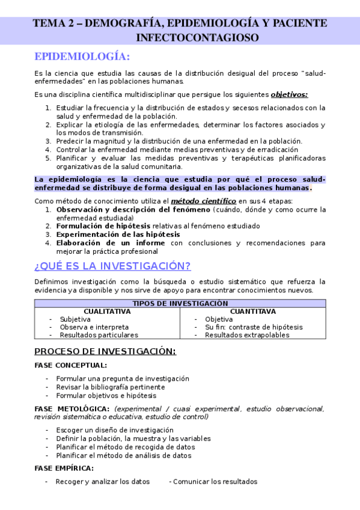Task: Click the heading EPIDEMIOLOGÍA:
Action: coord(82,57)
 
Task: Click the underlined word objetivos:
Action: coord(289,94)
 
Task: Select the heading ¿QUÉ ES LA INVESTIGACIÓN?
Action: coord(112,266)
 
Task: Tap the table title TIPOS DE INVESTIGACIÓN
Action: coord(180,304)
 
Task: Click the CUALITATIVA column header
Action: coord(106,312)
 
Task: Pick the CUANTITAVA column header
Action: coord(253,312)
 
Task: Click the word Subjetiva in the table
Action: coord(75,319)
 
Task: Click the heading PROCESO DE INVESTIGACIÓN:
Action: coord(105,351)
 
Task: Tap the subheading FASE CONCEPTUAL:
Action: coord(71,365)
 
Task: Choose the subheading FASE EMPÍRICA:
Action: coord(64,468)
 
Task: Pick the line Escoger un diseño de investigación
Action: coord(115,430)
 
